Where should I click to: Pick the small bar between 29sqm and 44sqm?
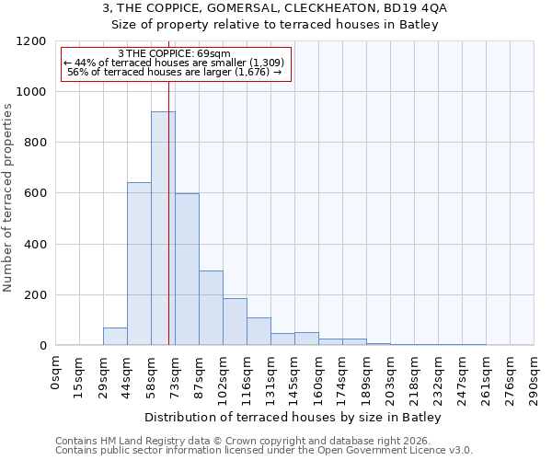pos(115,337)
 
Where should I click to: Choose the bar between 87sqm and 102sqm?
pos(211,308)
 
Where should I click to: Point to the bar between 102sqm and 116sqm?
pos(235,322)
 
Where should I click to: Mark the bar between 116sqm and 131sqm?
pos(259,331)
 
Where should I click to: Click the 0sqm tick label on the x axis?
pos(56,373)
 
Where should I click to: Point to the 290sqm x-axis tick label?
pos(535,378)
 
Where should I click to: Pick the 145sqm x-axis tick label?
pos(295,378)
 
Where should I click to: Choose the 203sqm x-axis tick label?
pos(391,378)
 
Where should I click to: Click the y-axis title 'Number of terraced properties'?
pos(9,198)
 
